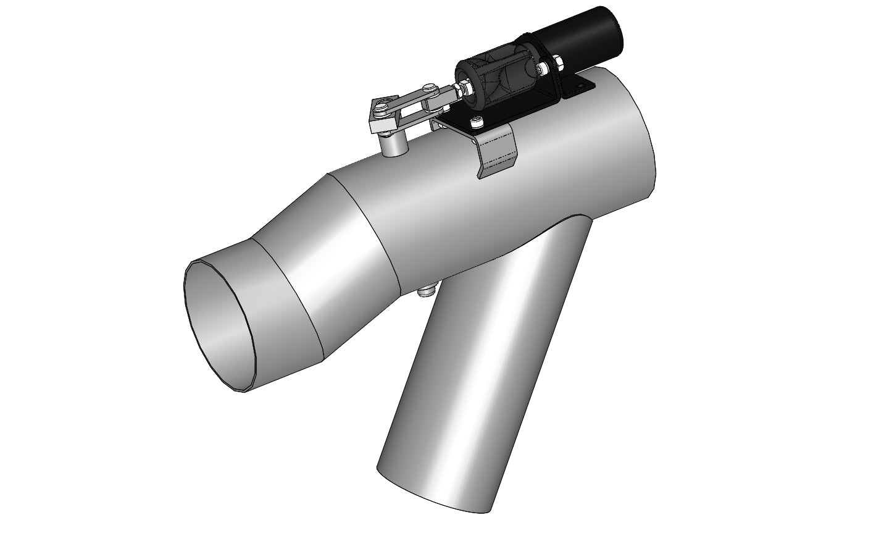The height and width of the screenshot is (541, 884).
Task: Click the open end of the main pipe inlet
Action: pyautogui.click(x=220, y=324)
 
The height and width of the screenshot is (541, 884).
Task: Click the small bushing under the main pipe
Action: pyautogui.click(x=427, y=290)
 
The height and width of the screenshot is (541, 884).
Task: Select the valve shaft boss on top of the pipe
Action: pyautogui.click(x=393, y=145)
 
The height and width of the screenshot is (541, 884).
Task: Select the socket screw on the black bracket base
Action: pyautogui.click(x=477, y=122)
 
